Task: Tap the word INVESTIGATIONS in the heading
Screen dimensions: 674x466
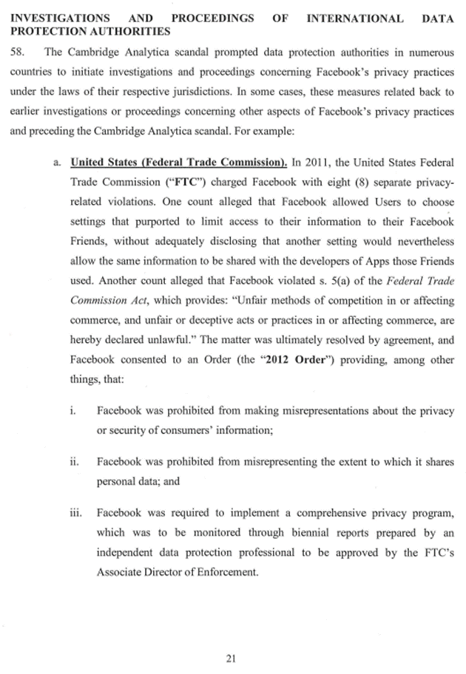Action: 57,17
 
